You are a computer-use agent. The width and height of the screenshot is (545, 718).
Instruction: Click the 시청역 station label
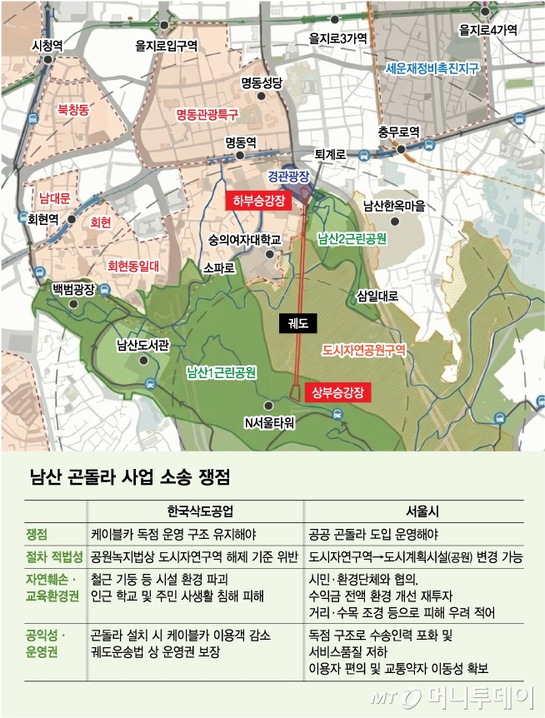pyautogui.click(x=47, y=45)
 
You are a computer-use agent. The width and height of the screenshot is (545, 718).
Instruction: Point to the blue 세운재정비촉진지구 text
pyautogui.click(x=432, y=69)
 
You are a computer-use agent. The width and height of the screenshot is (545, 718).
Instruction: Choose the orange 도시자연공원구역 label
pyautogui.click(x=364, y=351)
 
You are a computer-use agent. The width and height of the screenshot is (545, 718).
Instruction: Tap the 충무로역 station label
pyautogui.click(x=398, y=132)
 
